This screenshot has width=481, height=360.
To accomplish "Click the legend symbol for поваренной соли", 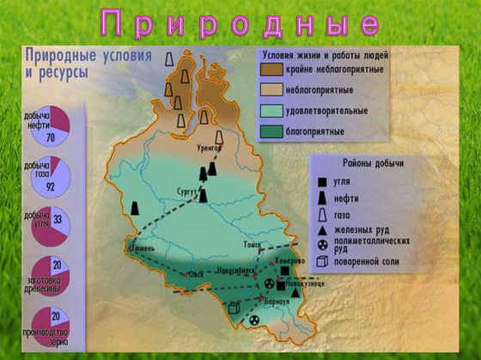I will point(320,261).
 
